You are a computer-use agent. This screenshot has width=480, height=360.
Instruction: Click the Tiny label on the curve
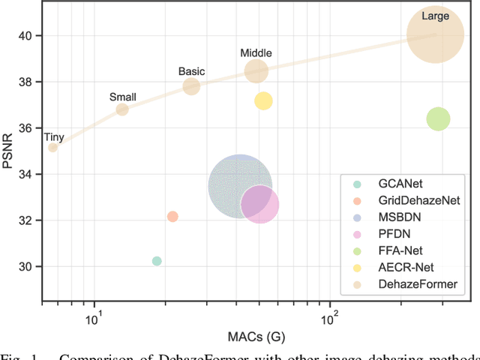click(x=54, y=136)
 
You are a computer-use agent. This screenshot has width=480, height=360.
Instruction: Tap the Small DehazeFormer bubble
click(x=122, y=109)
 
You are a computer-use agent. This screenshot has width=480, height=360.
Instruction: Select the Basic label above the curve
click(x=191, y=72)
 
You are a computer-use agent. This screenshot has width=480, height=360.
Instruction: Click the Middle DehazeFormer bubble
click(x=256, y=71)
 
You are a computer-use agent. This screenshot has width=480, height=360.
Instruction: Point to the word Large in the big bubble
click(x=436, y=15)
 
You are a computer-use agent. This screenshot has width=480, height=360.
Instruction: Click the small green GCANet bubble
click(x=157, y=261)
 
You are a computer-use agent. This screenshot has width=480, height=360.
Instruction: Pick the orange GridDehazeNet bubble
click(x=172, y=217)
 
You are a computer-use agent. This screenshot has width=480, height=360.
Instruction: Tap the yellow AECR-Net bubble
click(x=263, y=101)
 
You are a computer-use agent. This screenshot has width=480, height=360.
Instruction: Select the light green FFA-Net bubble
click(x=438, y=118)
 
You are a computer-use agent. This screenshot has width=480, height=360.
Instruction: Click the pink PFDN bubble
click(x=260, y=204)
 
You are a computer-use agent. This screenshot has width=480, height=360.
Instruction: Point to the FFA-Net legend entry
click(x=396, y=250)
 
